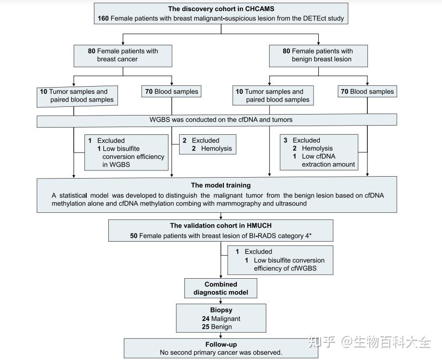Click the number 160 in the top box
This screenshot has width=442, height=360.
tap(103, 19)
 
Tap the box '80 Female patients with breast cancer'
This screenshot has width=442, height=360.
tap(123, 55)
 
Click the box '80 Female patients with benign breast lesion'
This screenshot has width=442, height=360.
tap(318, 55)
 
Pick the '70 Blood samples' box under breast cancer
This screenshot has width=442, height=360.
tap(171, 91)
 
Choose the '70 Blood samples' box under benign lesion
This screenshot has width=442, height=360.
tap(367, 91)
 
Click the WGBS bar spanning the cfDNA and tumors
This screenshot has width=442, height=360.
tap(217, 120)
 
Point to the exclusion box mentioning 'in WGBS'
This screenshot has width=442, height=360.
tap(126, 152)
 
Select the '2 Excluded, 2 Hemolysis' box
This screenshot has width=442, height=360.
tap(208, 144)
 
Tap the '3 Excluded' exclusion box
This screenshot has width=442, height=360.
tap(319, 152)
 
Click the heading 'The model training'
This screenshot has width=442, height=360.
tap(221, 185)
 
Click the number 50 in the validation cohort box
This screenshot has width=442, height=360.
tap(134, 236)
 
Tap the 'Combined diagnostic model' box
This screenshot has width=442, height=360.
tap(221, 288)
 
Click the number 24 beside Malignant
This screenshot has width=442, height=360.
tap(206, 319)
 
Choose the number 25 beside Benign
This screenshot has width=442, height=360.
tap(206, 327)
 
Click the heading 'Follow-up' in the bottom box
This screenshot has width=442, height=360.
tap(221, 345)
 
